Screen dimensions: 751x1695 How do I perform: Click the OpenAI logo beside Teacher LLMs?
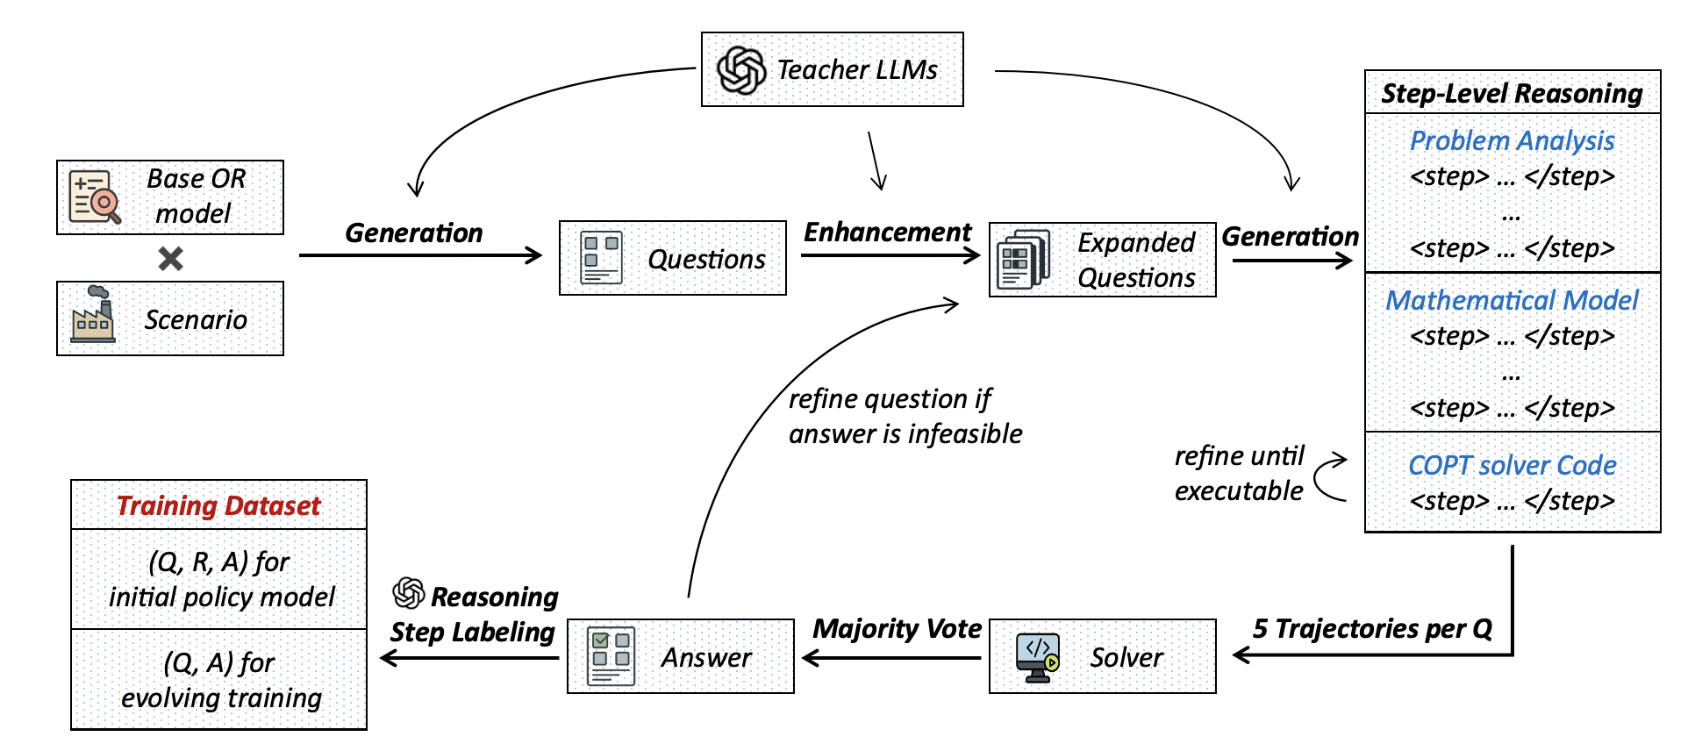point(741,70)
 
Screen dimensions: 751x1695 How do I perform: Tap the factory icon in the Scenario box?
point(93,315)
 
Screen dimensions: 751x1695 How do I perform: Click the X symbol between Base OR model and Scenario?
point(170,258)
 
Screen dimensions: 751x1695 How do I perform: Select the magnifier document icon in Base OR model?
point(94,197)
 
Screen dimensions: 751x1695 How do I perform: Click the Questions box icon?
point(601,257)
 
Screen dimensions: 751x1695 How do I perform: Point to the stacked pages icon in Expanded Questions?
point(1023,260)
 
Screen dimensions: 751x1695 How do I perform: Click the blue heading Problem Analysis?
point(1512,140)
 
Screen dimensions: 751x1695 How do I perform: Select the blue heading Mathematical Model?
point(1512,300)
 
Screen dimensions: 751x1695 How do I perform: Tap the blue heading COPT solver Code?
point(1512,465)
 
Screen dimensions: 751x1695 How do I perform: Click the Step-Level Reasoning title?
point(1512,93)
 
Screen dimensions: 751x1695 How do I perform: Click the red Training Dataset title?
point(218,505)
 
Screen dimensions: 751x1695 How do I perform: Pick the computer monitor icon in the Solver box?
point(1037,657)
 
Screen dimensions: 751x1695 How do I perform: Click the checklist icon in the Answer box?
point(611,656)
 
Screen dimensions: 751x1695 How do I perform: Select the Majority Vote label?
point(897,628)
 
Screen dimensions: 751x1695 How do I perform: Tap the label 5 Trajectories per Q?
point(1372,628)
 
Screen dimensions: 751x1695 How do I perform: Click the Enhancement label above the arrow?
point(887,232)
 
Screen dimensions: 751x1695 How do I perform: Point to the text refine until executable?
point(1239,473)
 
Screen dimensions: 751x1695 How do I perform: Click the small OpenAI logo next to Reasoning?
point(409,593)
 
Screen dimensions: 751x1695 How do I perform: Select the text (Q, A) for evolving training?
point(221,680)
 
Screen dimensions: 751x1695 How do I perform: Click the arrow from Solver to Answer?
point(890,658)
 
